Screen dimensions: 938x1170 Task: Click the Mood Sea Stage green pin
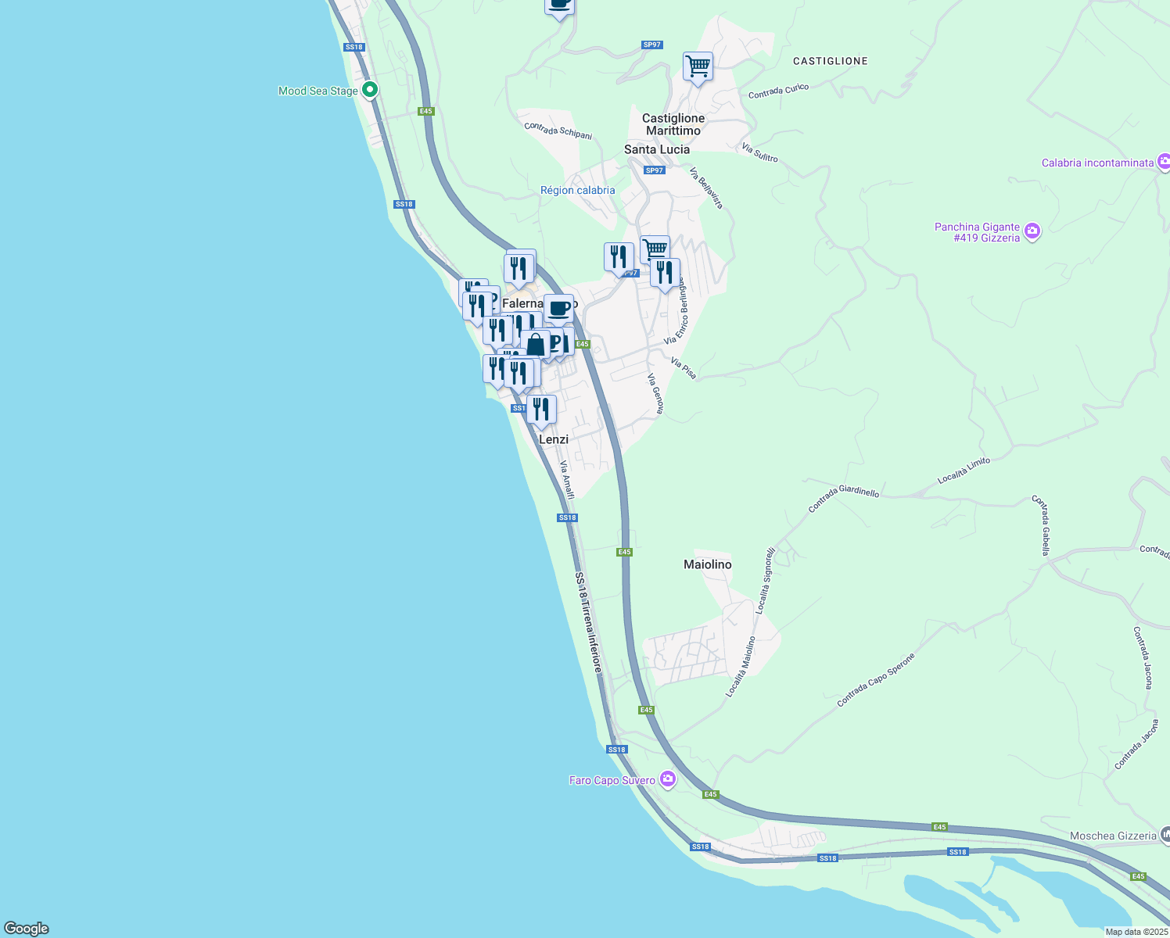[371, 90]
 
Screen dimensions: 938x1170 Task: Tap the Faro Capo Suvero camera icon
[667, 779]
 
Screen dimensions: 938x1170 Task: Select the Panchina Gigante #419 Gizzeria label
[977, 232]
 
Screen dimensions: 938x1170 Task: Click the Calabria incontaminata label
[1097, 163]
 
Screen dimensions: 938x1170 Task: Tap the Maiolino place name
[707, 564]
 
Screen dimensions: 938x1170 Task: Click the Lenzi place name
[554, 439]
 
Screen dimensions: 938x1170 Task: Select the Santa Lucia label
[656, 149]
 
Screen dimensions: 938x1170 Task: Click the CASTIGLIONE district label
[830, 61]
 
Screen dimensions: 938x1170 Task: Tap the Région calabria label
[577, 190]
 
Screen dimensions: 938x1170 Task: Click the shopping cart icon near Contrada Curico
[698, 66]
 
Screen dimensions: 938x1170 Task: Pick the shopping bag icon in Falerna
[536, 345]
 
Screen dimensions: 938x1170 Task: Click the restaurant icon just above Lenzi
[541, 410]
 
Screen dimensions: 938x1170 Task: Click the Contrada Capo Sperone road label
[875, 680]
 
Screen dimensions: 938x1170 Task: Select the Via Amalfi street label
[567, 479]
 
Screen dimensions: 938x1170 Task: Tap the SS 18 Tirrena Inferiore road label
[589, 622]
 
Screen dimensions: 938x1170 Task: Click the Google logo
[26, 929]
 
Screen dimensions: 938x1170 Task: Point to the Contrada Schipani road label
[558, 131]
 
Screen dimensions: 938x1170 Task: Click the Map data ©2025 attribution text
[1136, 932]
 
